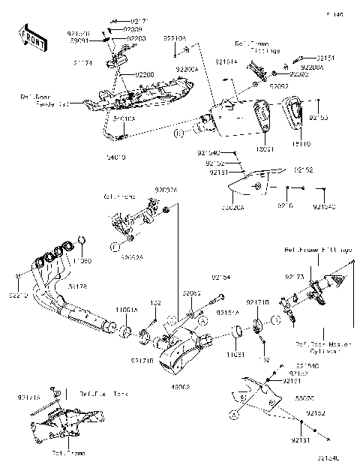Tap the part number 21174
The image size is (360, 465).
coord(82,64)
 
